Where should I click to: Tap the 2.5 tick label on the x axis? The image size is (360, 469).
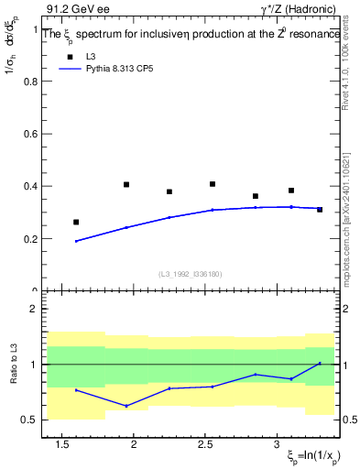(213, 444)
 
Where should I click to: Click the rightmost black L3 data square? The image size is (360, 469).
(320, 210)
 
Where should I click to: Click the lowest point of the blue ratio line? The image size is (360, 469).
(126, 406)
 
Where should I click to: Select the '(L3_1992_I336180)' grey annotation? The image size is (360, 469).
(191, 275)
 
